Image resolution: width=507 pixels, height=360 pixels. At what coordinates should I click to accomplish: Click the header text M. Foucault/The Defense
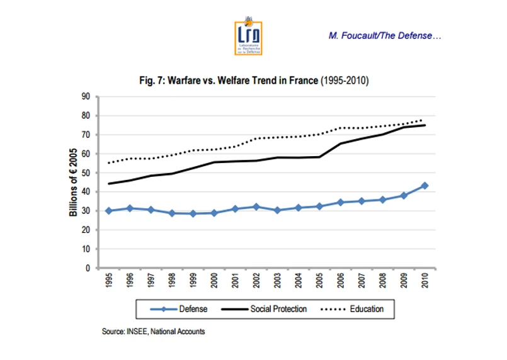click(x=385, y=35)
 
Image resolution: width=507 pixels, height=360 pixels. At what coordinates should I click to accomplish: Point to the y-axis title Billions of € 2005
click(x=74, y=183)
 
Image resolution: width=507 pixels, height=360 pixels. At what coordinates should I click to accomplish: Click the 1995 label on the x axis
click(x=108, y=280)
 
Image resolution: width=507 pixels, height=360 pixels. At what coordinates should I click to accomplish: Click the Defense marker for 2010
click(x=424, y=186)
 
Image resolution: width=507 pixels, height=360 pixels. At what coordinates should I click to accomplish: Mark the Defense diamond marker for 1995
click(x=108, y=211)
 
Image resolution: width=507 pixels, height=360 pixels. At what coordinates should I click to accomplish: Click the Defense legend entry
click(x=180, y=309)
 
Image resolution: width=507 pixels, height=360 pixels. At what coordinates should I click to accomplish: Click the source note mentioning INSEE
click(x=153, y=331)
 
